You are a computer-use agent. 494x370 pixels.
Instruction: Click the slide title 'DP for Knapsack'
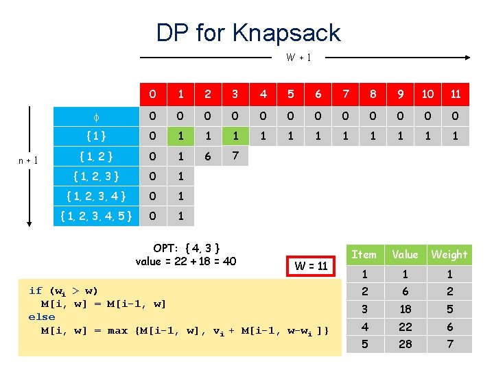(x=248, y=32)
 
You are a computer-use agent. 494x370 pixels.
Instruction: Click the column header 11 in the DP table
(x=456, y=94)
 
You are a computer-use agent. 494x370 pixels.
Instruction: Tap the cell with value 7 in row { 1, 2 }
(x=235, y=156)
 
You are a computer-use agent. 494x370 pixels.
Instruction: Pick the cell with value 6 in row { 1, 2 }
(x=208, y=156)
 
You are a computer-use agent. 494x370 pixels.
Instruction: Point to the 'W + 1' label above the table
(x=298, y=58)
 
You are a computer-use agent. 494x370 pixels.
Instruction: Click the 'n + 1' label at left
(x=28, y=160)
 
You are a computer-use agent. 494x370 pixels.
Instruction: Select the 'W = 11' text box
(x=311, y=265)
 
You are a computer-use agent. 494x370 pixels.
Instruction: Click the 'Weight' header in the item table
(x=449, y=254)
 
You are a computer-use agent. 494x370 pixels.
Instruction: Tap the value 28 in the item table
(x=405, y=344)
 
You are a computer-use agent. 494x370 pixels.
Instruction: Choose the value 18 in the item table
(x=405, y=308)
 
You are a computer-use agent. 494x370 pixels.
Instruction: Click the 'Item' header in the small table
(x=364, y=254)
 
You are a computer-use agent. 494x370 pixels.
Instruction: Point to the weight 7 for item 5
(x=449, y=344)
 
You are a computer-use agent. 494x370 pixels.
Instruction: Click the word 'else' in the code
(x=42, y=317)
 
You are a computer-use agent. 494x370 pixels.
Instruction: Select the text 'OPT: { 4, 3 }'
(x=186, y=248)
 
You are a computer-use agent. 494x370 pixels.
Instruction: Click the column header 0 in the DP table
(x=153, y=94)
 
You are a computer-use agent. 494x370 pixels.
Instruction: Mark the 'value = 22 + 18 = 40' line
(x=186, y=261)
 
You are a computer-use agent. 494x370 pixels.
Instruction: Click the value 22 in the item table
(x=405, y=326)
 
